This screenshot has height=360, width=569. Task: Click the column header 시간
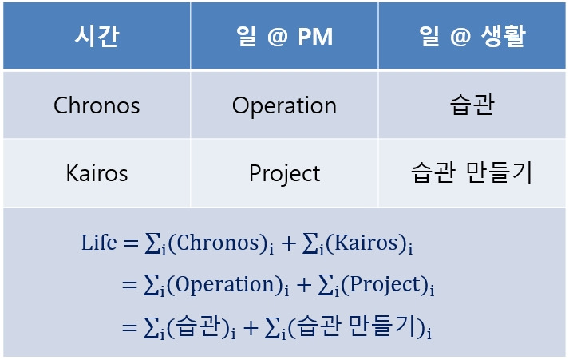[97, 36]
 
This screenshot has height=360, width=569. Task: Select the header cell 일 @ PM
[284, 36]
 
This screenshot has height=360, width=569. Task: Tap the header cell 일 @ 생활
[472, 36]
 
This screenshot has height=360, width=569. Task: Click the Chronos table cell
[97, 105]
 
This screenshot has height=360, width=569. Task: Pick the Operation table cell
[284, 106]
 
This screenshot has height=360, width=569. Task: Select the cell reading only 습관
[472, 105]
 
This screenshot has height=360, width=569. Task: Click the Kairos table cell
[97, 173]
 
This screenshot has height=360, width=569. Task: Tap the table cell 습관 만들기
[472, 172]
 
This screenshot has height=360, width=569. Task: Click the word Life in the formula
[99, 243]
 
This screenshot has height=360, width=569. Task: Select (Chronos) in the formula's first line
[218, 243]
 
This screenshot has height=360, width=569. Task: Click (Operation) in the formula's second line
[225, 284]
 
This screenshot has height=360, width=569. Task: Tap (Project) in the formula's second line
[385, 284]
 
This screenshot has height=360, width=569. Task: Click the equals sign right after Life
[131, 243]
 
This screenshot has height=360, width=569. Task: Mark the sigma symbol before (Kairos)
[310, 243]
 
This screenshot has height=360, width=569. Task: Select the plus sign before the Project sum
[304, 285]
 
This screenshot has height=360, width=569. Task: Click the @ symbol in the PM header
[278, 36]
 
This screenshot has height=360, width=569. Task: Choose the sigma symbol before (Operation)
[152, 285]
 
